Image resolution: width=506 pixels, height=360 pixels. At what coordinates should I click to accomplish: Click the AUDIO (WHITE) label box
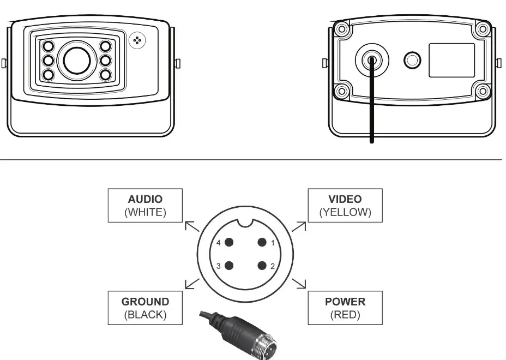click(x=144, y=206)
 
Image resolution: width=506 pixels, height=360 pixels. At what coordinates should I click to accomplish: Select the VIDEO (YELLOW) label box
click(x=345, y=206)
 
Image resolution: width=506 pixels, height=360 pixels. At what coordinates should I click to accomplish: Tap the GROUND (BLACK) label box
click(x=144, y=308)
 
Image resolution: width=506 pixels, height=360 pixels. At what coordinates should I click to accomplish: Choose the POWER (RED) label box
click(x=345, y=308)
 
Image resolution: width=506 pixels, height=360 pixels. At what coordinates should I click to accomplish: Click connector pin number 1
click(x=262, y=243)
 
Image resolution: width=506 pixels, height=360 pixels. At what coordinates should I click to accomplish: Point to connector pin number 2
click(x=262, y=266)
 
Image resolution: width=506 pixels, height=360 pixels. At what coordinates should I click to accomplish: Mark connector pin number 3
click(x=229, y=266)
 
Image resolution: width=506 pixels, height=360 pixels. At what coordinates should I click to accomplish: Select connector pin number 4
click(x=229, y=243)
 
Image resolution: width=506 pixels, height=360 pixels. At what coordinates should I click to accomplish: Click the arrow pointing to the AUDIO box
click(x=191, y=226)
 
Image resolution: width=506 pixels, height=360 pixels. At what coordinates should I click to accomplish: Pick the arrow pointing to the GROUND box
click(x=191, y=283)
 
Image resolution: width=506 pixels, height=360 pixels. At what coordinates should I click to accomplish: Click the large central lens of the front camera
click(x=76, y=60)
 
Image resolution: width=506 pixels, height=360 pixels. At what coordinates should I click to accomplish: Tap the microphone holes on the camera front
click(x=137, y=40)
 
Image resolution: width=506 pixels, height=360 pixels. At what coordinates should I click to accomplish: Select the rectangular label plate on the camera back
click(x=451, y=60)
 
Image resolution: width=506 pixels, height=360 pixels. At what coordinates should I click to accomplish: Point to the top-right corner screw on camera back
click(x=481, y=29)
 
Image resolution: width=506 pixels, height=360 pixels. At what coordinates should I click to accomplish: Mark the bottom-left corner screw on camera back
click(x=342, y=91)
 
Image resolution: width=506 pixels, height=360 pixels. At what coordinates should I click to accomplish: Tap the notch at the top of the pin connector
click(x=245, y=222)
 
